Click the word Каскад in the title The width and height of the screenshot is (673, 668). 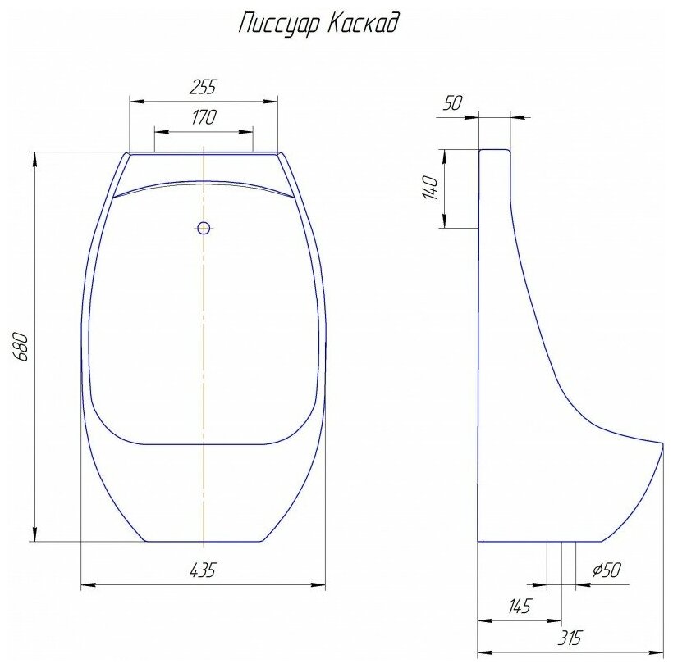click(x=362, y=23)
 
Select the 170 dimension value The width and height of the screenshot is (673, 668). click(x=204, y=117)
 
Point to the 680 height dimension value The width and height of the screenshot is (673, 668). click(x=21, y=347)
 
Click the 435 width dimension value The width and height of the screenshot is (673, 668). click(x=203, y=570)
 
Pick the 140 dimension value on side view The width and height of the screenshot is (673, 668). click(x=431, y=188)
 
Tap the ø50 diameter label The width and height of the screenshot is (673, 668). click(x=607, y=570)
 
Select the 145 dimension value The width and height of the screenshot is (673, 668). click(x=520, y=606)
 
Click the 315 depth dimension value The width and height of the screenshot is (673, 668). click(x=569, y=638)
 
